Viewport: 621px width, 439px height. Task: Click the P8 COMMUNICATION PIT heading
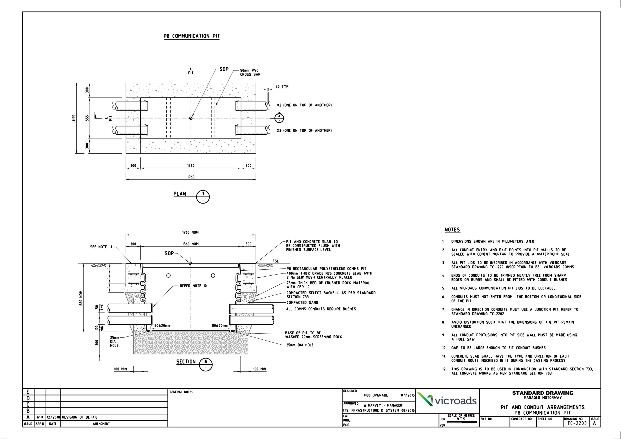(x=192, y=36)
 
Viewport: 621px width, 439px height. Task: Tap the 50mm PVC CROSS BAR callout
(x=250, y=73)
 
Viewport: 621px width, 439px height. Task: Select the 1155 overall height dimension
(x=74, y=118)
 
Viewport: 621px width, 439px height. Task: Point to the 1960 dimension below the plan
(x=191, y=177)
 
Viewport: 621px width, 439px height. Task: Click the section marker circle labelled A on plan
(x=279, y=117)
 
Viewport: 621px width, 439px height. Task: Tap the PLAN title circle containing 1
(x=203, y=197)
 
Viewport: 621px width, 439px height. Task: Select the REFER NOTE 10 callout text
(x=193, y=286)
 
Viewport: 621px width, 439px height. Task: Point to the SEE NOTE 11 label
(x=101, y=247)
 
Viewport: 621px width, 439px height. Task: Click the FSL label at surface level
(x=275, y=261)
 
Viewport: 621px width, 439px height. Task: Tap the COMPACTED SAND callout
(x=302, y=302)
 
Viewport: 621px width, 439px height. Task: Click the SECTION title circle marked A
(x=206, y=364)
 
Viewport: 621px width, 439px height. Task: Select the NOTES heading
(x=452, y=230)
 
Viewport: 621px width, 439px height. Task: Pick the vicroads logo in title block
(x=447, y=400)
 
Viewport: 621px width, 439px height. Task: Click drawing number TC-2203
(x=577, y=423)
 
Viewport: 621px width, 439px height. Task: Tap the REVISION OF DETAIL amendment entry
(x=80, y=417)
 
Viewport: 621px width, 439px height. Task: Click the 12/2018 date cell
(x=53, y=417)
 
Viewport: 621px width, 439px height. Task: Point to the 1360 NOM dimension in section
(x=190, y=244)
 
